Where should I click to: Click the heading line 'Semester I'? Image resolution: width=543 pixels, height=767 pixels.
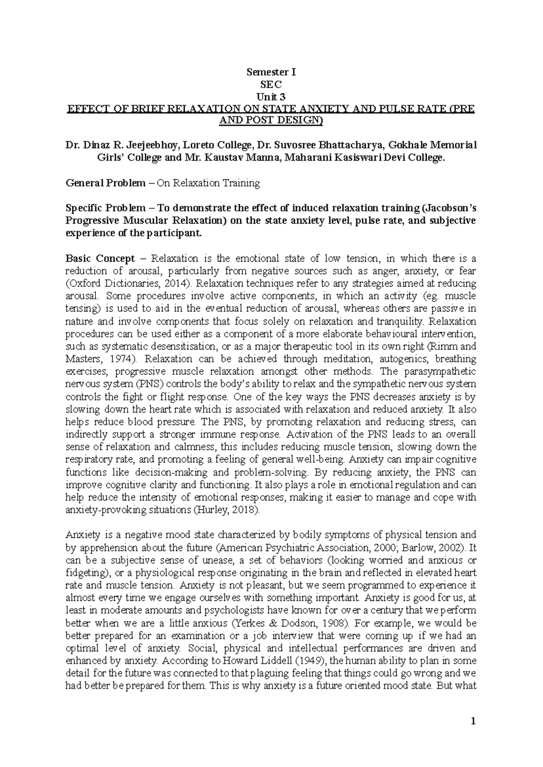pyautogui.click(x=271, y=72)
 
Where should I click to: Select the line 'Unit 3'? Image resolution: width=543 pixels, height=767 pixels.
pyautogui.click(x=271, y=96)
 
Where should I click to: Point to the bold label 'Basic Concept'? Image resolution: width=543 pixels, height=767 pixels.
pyautogui.click(x=100, y=259)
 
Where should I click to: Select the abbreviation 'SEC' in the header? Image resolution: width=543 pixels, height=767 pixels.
pyautogui.click(x=271, y=84)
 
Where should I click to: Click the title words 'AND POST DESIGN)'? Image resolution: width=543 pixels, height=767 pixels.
pyautogui.click(x=271, y=121)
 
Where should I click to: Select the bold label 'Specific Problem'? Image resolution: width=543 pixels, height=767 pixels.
pyautogui.click(x=105, y=208)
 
